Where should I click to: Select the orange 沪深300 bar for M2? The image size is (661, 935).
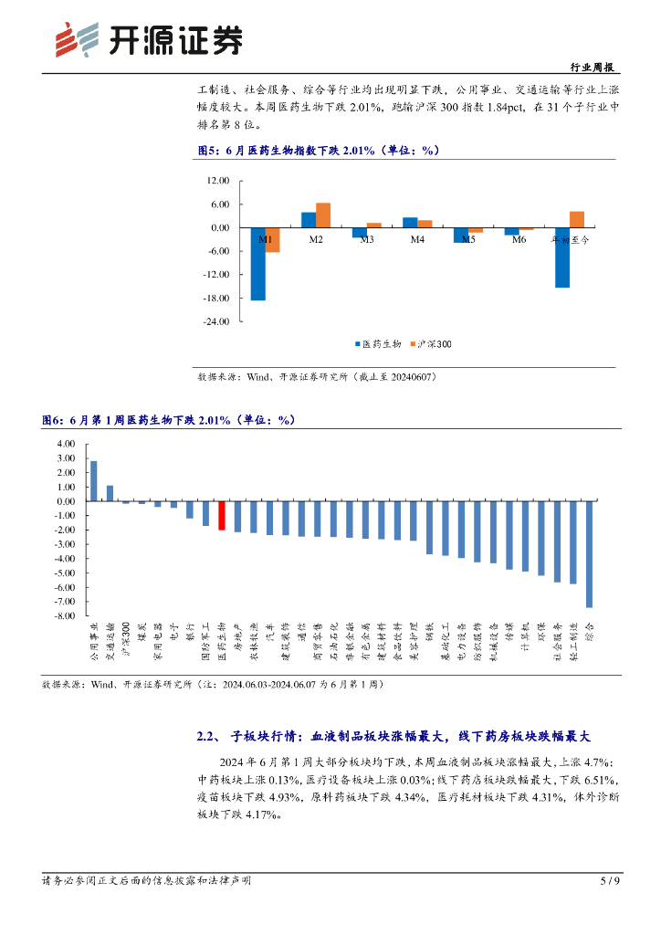(x=323, y=215)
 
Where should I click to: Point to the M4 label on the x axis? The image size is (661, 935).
(x=417, y=239)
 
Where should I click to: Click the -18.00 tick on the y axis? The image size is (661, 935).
(x=215, y=299)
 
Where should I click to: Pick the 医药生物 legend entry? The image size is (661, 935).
(x=378, y=344)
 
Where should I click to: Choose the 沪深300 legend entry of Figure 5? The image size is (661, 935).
(x=434, y=344)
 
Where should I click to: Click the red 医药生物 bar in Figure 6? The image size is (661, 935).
(x=221, y=515)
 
